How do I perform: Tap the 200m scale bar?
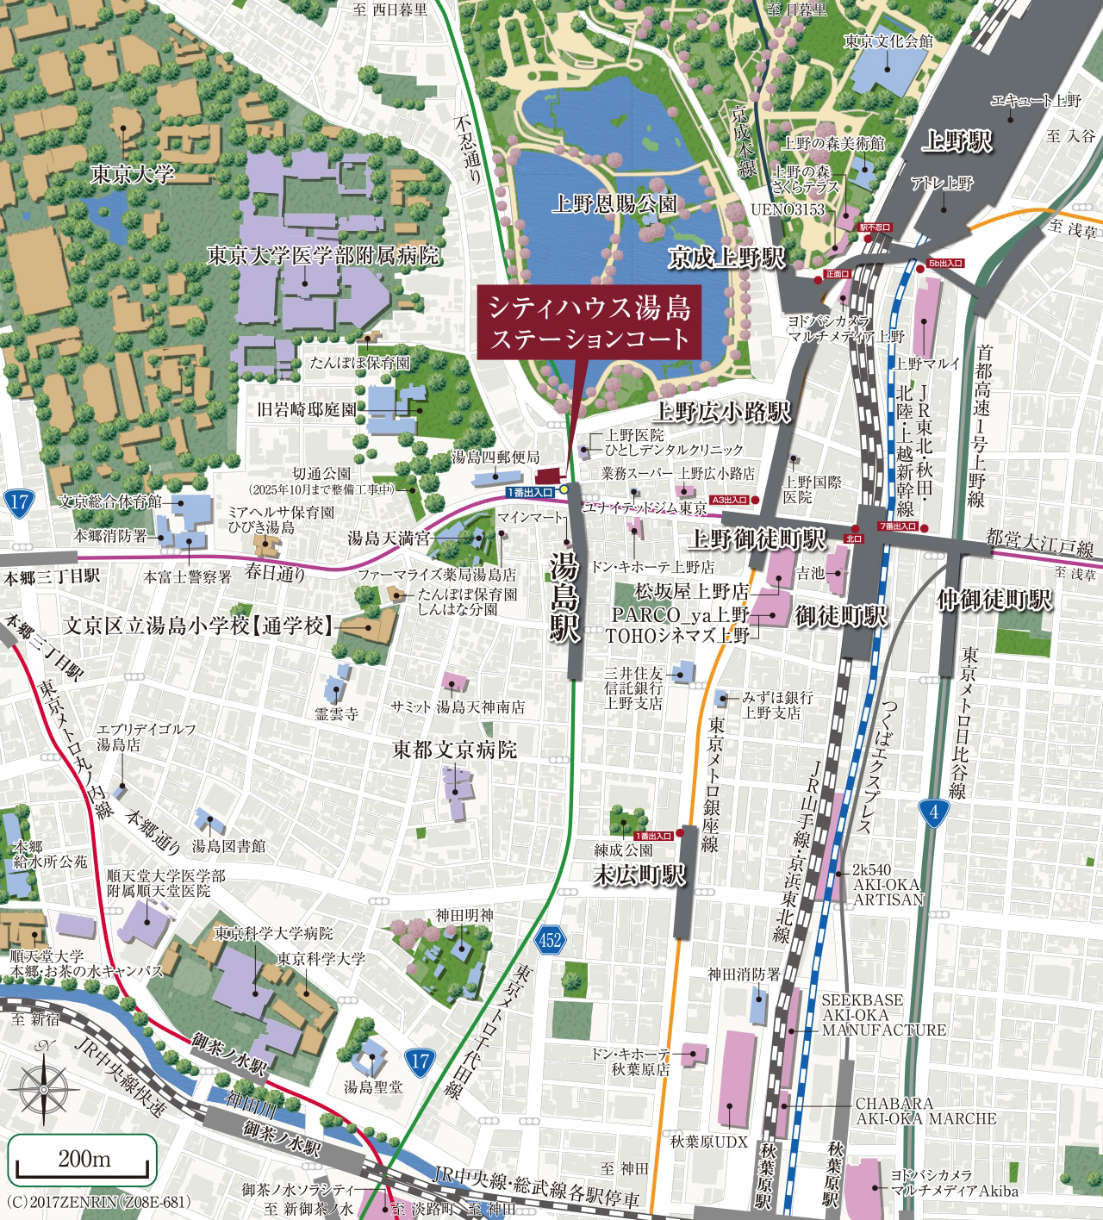tap(84, 1160)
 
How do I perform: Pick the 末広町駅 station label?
tap(639, 875)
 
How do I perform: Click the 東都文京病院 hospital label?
tap(455, 750)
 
